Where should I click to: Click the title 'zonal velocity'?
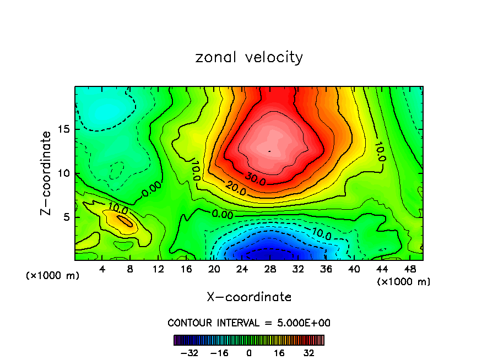249,57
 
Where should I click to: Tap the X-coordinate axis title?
249,297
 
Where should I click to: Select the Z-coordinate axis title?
46,173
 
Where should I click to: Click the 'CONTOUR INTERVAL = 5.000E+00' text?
249,323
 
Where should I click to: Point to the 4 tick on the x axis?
102,269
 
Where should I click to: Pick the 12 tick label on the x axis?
158,269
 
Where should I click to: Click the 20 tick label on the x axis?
214,269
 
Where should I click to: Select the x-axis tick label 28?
269,269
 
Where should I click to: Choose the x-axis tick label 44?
381,269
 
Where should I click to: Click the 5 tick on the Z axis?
63,217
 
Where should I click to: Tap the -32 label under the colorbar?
190,353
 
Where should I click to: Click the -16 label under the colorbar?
220,353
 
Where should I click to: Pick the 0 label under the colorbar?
249,353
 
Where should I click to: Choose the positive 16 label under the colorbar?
278,353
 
